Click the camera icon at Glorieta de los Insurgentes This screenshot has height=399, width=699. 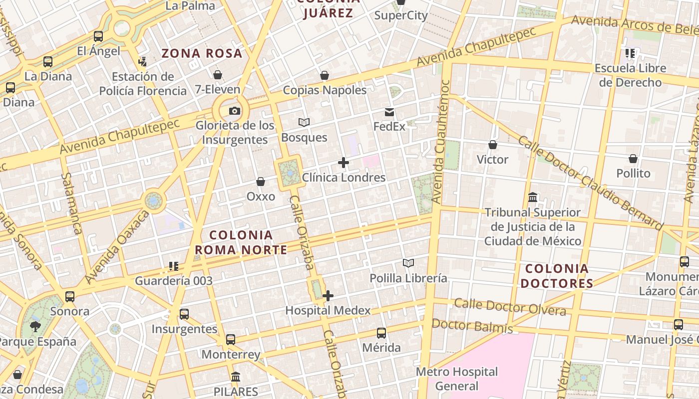[234, 111]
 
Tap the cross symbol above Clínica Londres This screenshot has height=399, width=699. [344, 163]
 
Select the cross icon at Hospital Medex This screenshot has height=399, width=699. [328, 296]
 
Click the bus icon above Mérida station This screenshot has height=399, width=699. [381, 333]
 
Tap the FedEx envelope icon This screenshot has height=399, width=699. [389, 112]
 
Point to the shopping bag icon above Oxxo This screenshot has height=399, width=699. [260, 182]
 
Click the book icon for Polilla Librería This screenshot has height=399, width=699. [408, 263]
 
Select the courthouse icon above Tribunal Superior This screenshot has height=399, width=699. [533, 198]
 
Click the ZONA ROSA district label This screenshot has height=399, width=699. [202, 53]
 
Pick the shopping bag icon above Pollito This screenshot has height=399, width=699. [633, 159]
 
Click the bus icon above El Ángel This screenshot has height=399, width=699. [98, 36]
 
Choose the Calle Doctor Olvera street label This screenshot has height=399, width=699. [510, 307]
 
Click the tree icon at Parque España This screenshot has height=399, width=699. [35, 327]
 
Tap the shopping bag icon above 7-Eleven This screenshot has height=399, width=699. [218, 75]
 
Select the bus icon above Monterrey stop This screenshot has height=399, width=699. [231, 340]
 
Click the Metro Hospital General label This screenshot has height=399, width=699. [457, 379]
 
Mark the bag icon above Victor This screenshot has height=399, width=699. [493, 145]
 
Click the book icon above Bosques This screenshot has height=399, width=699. [304, 122]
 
